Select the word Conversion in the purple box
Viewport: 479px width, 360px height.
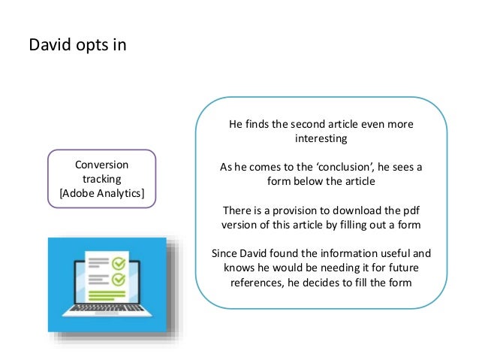[x=101, y=165]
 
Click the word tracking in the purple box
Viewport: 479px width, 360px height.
[x=101, y=180]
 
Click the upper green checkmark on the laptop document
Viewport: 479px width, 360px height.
[x=117, y=264]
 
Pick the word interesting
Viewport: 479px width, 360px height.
[x=321, y=139]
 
